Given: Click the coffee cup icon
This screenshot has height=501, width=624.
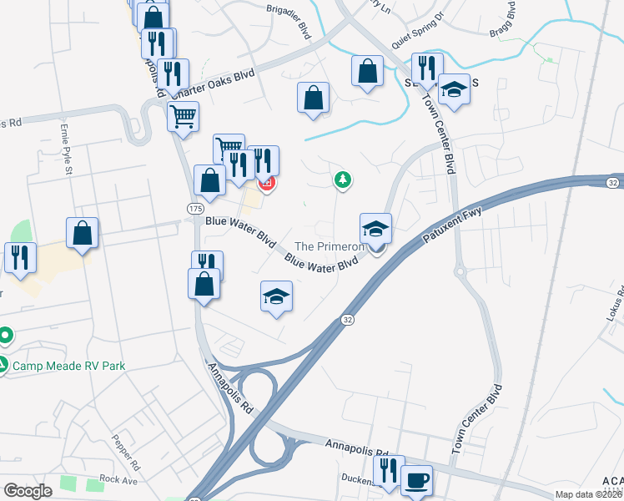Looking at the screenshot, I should pos(416,480).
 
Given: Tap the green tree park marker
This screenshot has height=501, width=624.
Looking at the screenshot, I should pos(341,179).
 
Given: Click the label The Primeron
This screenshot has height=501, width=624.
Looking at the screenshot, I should pos(329,247).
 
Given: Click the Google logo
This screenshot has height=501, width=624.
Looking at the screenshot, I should pos(27,490).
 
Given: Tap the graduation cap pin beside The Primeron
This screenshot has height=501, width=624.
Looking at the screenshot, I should pos(375,229).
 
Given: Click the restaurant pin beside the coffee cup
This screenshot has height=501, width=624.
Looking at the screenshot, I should pos(389,470).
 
